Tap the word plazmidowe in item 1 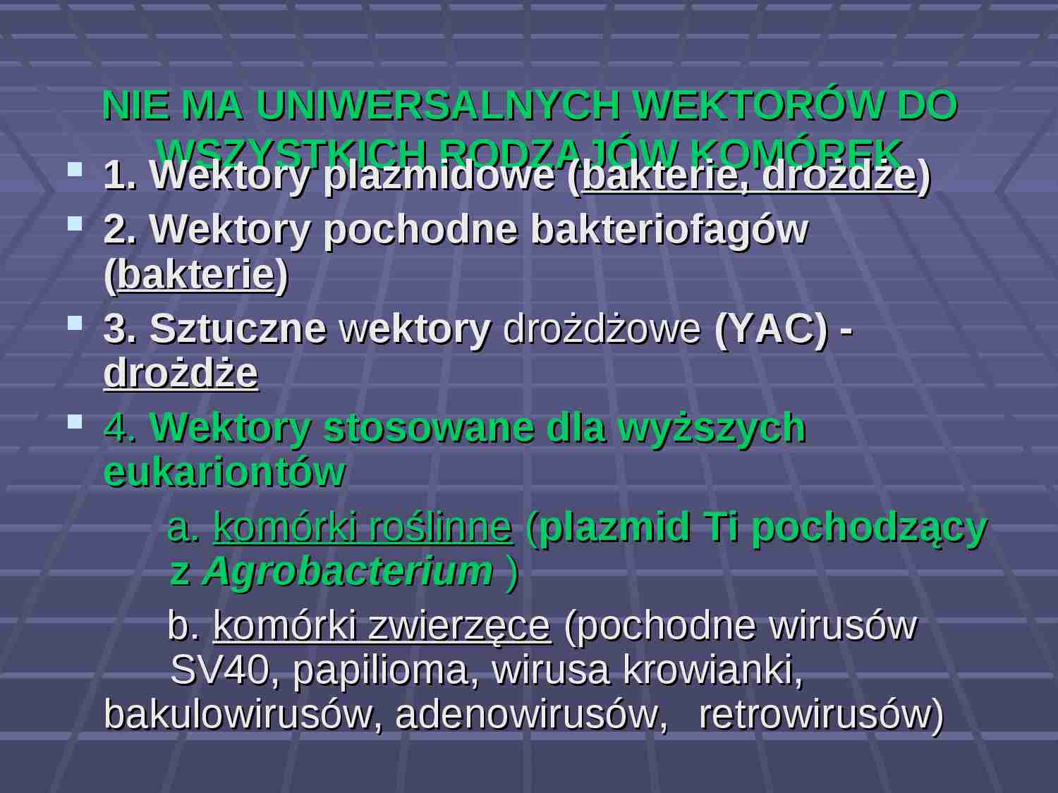point(439,175)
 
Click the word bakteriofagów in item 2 point(669,229)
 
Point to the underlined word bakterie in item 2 point(195,274)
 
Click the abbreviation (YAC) point(771,328)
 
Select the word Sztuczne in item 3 point(238,328)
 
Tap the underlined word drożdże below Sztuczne point(181,373)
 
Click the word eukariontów point(224,472)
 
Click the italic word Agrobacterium point(348,570)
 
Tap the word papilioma point(381,670)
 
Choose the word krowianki point(712,670)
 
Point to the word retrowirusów point(820,713)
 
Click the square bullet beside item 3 point(75,323)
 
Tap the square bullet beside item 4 point(75,422)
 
